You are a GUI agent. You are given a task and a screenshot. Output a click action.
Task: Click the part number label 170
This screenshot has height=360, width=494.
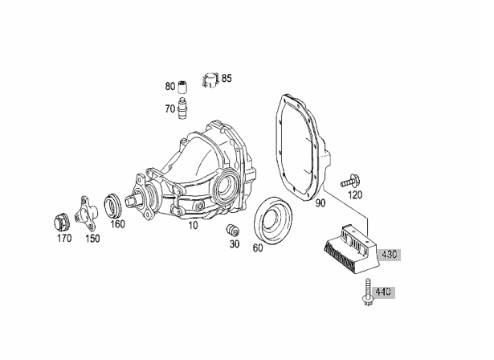click(x=64, y=239)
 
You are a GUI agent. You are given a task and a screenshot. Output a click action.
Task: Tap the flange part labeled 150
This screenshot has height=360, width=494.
click(x=86, y=214)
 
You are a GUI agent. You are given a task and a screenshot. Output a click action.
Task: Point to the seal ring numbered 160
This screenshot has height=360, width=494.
click(x=112, y=206)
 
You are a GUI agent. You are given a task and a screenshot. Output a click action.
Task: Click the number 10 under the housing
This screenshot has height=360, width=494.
click(x=193, y=225)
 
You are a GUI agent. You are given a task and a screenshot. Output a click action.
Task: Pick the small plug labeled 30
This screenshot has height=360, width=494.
click(x=232, y=230)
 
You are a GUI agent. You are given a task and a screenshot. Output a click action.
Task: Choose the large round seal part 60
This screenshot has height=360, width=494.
click(x=273, y=219)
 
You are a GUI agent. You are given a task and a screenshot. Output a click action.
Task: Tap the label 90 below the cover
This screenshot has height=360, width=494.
click(x=320, y=203)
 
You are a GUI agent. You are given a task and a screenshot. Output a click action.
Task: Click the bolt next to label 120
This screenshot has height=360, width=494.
click(x=351, y=181)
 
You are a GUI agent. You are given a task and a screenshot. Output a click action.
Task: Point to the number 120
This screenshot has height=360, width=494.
click(x=355, y=195)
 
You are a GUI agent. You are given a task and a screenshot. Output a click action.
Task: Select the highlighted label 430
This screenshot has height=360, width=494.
click(x=389, y=254)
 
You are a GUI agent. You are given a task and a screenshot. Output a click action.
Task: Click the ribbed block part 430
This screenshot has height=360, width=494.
click(x=351, y=247)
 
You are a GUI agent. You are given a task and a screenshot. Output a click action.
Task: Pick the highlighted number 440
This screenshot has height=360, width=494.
click(x=383, y=292)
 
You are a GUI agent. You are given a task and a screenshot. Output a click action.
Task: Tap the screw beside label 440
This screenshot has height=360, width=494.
click(x=367, y=292)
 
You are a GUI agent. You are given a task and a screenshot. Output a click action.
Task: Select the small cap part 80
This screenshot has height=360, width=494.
click(x=182, y=87)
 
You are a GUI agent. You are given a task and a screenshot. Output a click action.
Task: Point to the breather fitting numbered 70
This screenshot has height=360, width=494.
click(x=182, y=108)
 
